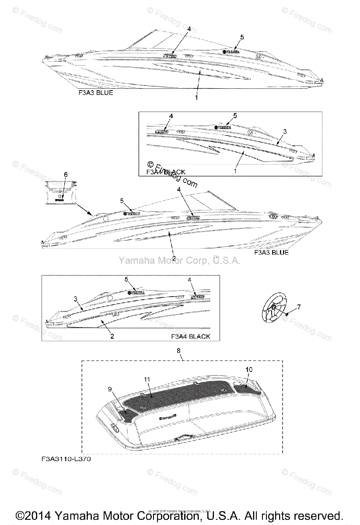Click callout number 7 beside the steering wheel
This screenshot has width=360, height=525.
[299, 307]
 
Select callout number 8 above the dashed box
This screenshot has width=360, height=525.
[178, 350]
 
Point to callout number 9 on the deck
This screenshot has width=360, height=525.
[110, 388]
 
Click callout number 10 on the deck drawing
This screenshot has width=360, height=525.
[249, 370]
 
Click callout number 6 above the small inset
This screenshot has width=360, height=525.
[66, 175]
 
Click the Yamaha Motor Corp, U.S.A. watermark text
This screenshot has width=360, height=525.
[179, 261]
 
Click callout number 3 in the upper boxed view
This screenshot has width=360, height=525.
[285, 131]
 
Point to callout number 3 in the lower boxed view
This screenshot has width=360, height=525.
[75, 299]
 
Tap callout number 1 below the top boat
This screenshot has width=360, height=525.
[196, 98]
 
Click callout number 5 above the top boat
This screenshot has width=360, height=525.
[242, 37]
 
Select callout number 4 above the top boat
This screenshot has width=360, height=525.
[189, 28]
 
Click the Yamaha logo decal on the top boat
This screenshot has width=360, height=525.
[231, 52]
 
